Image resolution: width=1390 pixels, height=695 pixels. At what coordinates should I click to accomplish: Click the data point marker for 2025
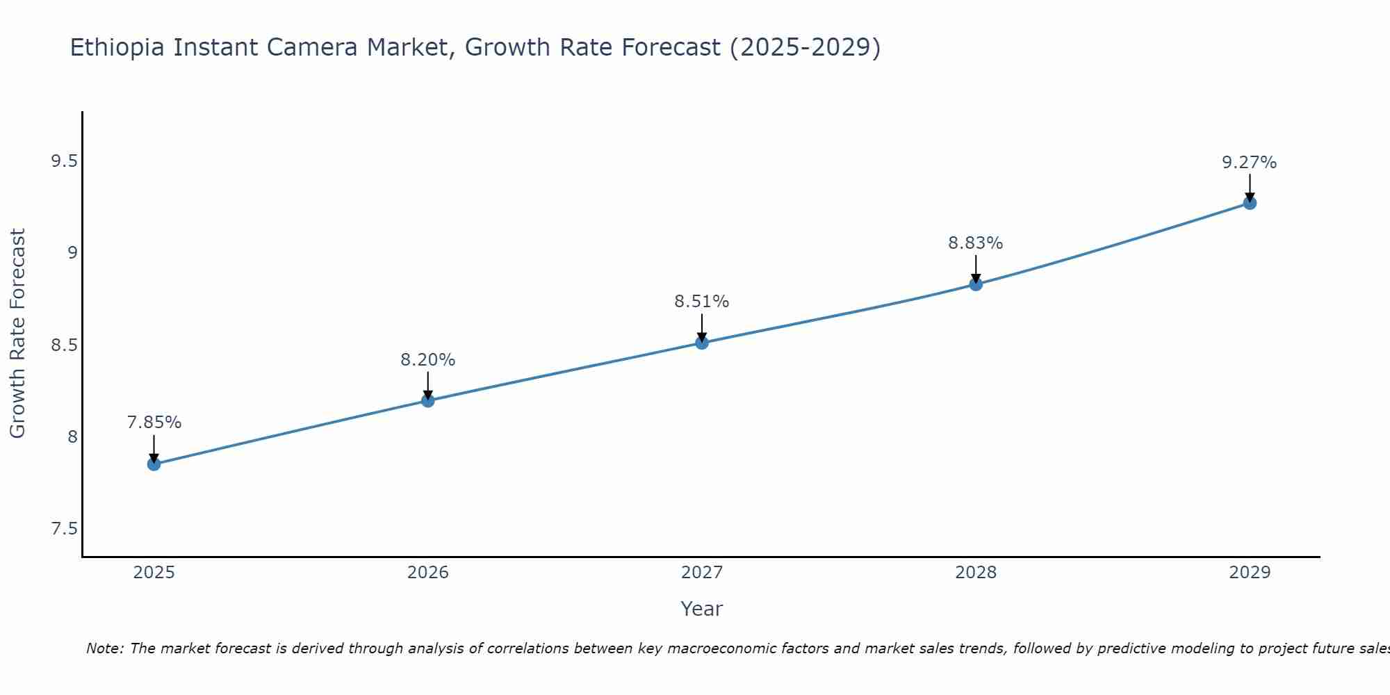[x=154, y=464]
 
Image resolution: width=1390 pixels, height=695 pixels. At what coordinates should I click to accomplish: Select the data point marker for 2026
[x=427, y=400]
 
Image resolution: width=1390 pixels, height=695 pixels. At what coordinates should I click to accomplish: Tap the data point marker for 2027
[x=701, y=343]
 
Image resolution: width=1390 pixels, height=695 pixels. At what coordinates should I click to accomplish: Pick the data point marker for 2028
[x=975, y=284]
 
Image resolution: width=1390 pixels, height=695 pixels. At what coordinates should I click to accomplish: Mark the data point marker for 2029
[x=1249, y=203]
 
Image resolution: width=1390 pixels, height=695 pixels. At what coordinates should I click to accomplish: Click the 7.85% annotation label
[x=154, y=423]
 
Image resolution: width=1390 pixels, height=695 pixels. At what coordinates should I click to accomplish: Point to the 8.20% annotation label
[x=427, y=360]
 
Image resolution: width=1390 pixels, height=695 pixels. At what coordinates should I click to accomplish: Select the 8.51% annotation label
[x=701, y=302]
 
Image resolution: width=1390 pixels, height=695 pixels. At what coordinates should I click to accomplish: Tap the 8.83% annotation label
[x=975, y=243]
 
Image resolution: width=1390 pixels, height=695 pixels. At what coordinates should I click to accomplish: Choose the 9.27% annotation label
[x=1249, y=163]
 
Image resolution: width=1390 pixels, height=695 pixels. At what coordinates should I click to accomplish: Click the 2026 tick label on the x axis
[x=427, y=573]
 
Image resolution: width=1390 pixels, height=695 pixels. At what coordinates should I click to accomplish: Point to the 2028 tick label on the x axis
[x=975, y=573]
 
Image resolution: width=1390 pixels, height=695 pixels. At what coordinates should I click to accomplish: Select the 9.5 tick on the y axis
[x=64, y=161]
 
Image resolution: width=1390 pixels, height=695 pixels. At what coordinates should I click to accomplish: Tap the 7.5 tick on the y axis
[x=64, y=529]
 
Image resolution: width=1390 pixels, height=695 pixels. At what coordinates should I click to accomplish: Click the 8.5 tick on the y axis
[x=64, y=345]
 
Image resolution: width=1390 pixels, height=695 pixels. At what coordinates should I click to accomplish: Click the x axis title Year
[x=701, y=609]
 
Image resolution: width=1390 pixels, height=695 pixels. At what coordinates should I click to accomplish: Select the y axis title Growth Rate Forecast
[x=17, y=334]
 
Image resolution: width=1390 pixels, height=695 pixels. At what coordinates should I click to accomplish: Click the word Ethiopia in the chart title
[x=117, y=47]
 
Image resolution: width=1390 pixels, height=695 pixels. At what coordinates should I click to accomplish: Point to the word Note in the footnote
[x=104, y=648]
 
